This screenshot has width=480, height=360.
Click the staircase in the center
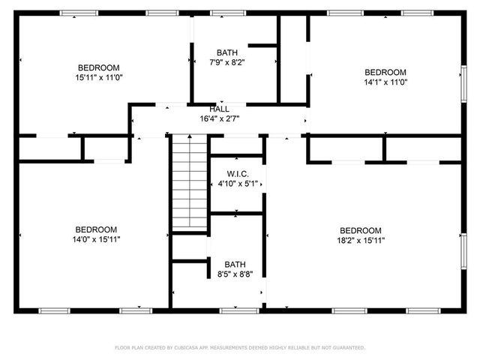pyautogui.click(x=189, y=183)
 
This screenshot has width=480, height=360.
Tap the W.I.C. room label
pyautogui.click(x=236, y=173)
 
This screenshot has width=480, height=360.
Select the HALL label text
pyautogui.click(x=219, y=109)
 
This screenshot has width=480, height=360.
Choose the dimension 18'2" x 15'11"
pyautogui.click(x=361, y=240)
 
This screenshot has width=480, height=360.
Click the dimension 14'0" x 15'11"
pyautogui.click(x=96, y=239)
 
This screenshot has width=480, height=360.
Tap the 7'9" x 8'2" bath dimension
pyautogui.click(x=226, y=62)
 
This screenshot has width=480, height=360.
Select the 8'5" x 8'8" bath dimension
pyautogui.click(x=235, y=274)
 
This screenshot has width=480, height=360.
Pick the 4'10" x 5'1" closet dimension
pyautogui.click(x=236, y=183)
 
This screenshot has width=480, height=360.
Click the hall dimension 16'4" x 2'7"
pyautogui.click(x=219, y=118)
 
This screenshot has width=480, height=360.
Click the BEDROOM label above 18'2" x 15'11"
pyautogui.click(x=361, y=230)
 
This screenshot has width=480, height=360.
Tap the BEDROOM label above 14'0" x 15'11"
pyautogui.click(x=96, y=229)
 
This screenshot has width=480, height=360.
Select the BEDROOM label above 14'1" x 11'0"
pyautogui.click(x=385, y=72)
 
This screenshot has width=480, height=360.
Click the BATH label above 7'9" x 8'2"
pyautogui.click(x=226, y=52)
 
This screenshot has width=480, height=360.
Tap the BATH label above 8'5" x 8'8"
pyautogui.click(x=235, y=265)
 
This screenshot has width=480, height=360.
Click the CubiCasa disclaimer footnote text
pyautogui.click(x=240, y=347)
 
